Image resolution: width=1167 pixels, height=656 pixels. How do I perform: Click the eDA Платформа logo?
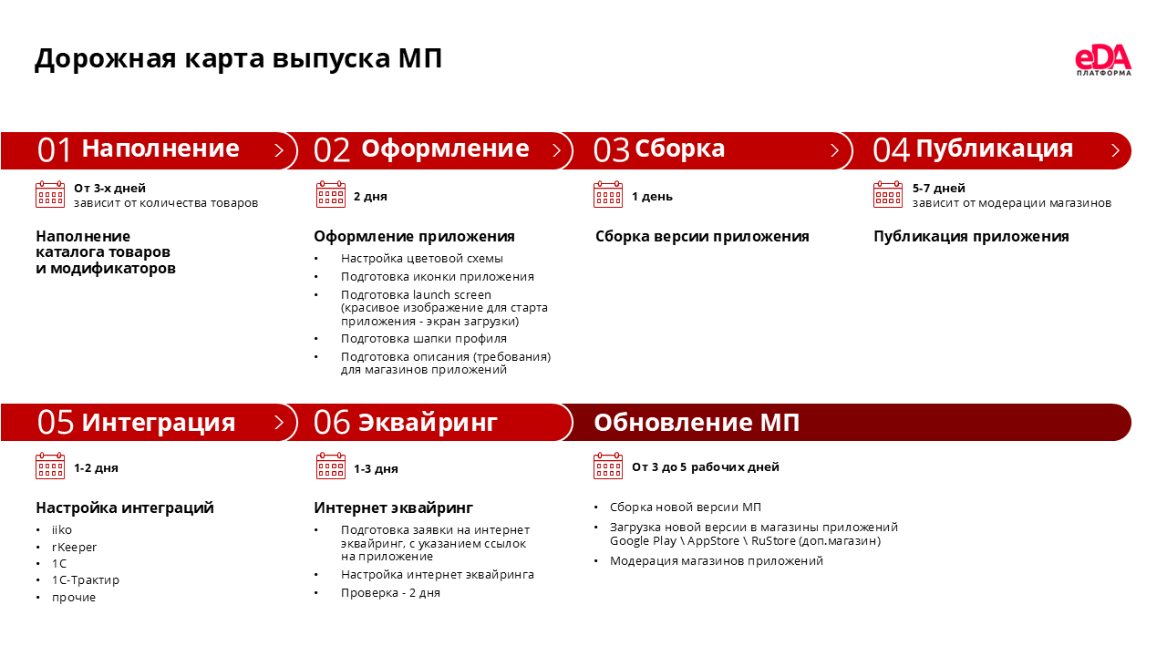point(1103,60)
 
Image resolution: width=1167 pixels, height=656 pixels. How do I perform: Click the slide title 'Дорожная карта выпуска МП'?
point(238,58)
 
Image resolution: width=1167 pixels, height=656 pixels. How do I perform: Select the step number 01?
point(55,150)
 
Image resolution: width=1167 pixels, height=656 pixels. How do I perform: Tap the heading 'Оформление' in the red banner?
point(445,149)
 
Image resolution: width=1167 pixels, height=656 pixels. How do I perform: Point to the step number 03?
point(612,150)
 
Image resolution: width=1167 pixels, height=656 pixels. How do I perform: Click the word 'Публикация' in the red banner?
point(994,149)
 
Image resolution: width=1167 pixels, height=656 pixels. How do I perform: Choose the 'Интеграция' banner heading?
point(159,423)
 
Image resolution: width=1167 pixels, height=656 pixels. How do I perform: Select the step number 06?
point(332,423)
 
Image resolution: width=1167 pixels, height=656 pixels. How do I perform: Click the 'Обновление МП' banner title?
point(697,423)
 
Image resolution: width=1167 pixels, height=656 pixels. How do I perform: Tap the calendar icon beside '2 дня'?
point(331,195)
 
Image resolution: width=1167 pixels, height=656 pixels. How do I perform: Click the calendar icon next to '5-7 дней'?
point(888,195)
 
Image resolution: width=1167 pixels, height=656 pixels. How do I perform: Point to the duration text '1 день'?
point(652,197)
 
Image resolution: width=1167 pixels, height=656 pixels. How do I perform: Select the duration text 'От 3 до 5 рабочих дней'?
point(705,467)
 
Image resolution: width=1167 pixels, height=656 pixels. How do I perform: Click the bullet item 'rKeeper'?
point(74,547)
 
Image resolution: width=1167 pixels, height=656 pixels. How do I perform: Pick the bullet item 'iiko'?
point(62,530)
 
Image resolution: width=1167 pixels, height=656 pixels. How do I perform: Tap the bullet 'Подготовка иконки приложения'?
point(437,277)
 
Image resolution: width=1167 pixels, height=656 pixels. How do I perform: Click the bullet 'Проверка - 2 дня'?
point(390,593)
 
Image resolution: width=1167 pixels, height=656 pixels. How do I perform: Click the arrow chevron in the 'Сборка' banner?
point(833,150)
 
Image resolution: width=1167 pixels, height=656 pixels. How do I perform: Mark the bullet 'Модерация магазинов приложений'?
point(716,561)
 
